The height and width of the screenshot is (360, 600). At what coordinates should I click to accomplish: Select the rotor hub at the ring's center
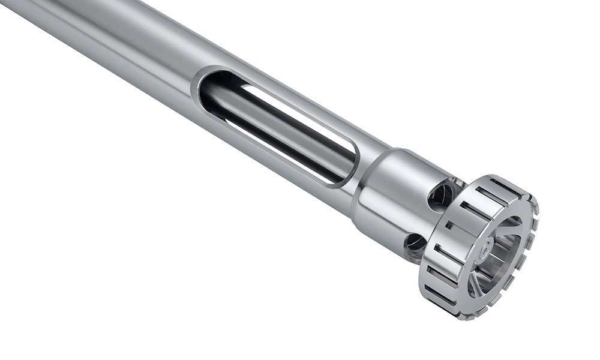487,247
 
